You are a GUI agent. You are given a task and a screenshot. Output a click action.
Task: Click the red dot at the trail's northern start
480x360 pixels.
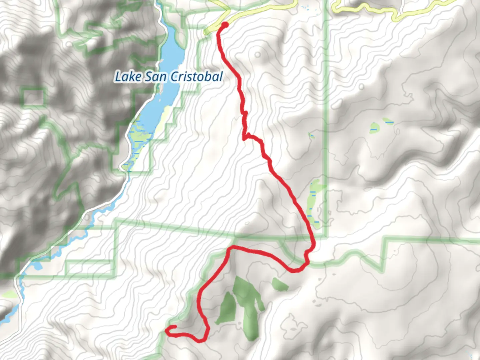click(225, 24)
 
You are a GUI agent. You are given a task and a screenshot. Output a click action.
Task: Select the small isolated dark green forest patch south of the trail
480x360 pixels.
click(279, 284)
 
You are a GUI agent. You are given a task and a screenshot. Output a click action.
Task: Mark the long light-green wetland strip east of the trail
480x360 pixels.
click(313, 203)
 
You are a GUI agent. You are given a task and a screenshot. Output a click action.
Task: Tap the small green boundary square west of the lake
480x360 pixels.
click(33, 97)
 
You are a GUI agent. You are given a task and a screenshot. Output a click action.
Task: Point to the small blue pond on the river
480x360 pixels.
click(37, 266)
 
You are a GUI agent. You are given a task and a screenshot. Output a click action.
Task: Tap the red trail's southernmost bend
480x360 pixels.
click(200, 341)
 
